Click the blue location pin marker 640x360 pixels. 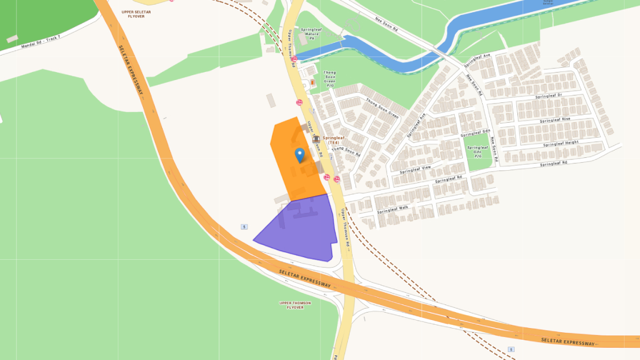299,155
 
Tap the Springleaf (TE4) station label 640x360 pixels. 333,140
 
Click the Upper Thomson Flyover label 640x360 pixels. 295,305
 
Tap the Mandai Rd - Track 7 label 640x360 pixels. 42,43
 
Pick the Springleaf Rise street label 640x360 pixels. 555,120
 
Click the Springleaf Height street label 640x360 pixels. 561,143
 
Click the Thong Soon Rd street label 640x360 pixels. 346,151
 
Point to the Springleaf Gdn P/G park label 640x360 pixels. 477,151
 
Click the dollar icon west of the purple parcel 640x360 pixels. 244,227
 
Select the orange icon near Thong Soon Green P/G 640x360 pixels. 312,83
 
